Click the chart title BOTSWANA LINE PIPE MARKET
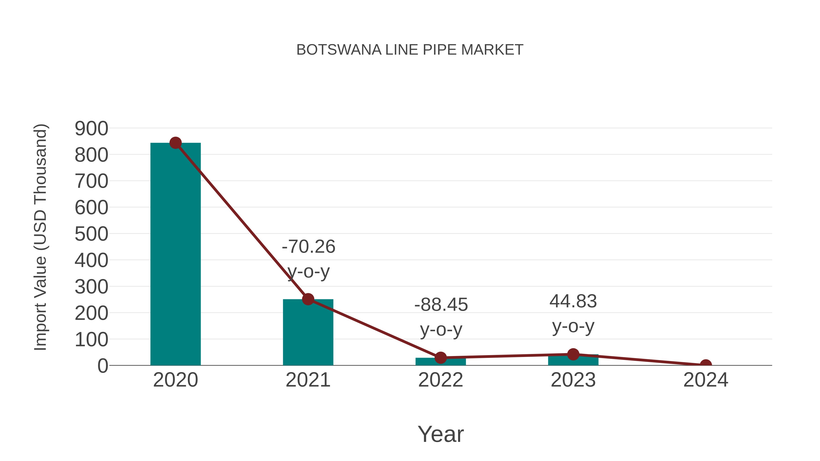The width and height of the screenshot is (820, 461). (x=410, y=50)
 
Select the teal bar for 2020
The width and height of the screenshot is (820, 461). (x=175, y=255)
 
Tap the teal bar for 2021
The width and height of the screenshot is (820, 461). (x=308, y=334)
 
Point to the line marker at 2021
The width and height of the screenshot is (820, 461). (x=308, y=299)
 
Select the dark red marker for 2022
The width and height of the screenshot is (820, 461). (x=441, y=358)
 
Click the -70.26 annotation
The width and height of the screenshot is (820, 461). (x=308, y=247)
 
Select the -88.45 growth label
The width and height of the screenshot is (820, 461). (x=441, y=305)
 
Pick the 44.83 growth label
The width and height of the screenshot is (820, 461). (x=573, y=301)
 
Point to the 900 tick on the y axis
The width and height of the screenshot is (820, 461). (x=91, y=129)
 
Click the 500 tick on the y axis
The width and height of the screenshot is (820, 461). (x=91, y=234)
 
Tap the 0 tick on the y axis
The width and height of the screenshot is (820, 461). (x=102, y=366)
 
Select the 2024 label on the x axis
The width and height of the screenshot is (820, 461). (x=706, y=380)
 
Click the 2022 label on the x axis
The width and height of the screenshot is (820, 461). (x=441, y=380)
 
